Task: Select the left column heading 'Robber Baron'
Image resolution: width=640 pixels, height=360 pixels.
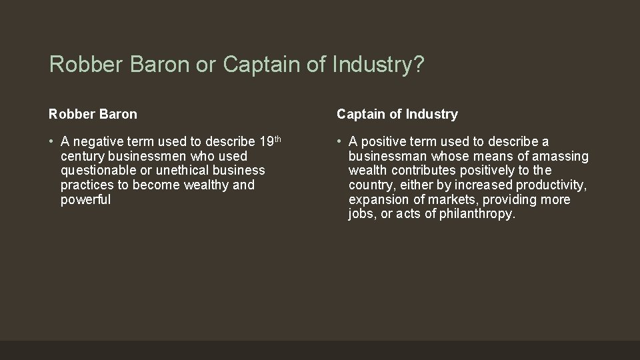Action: [93, 114]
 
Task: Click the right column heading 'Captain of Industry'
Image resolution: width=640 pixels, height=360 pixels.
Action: [397, 114]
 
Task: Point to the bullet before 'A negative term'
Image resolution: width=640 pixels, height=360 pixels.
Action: [51, 141]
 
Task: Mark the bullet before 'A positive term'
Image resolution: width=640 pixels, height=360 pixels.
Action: [339, 141]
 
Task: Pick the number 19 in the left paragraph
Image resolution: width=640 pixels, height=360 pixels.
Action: [265, 141]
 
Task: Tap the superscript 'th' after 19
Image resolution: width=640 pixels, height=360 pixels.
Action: [278, 138]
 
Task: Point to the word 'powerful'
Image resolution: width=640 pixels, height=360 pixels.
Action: [85, 200]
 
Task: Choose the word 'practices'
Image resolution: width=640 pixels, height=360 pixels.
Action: [87, 185]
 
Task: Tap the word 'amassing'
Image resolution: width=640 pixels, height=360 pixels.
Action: [563, 156]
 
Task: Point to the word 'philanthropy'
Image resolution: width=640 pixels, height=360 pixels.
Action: [477, 215]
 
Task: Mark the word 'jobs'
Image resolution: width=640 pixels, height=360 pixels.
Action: [361, 215]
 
